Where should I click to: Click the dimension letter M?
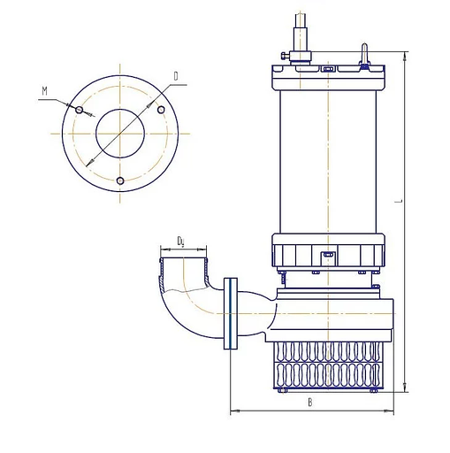click(44, 91)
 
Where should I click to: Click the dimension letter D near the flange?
click(176, 77)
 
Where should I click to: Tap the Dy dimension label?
click(180, 242)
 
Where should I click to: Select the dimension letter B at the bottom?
click(310, 403)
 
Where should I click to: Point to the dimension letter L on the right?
click(400, 202)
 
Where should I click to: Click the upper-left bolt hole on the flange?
click(79, 110)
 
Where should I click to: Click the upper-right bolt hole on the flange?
click(161, 110)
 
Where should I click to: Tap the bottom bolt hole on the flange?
click(120, 180)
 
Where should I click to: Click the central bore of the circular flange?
click(120, 134)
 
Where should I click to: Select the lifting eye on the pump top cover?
click(364, 55)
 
